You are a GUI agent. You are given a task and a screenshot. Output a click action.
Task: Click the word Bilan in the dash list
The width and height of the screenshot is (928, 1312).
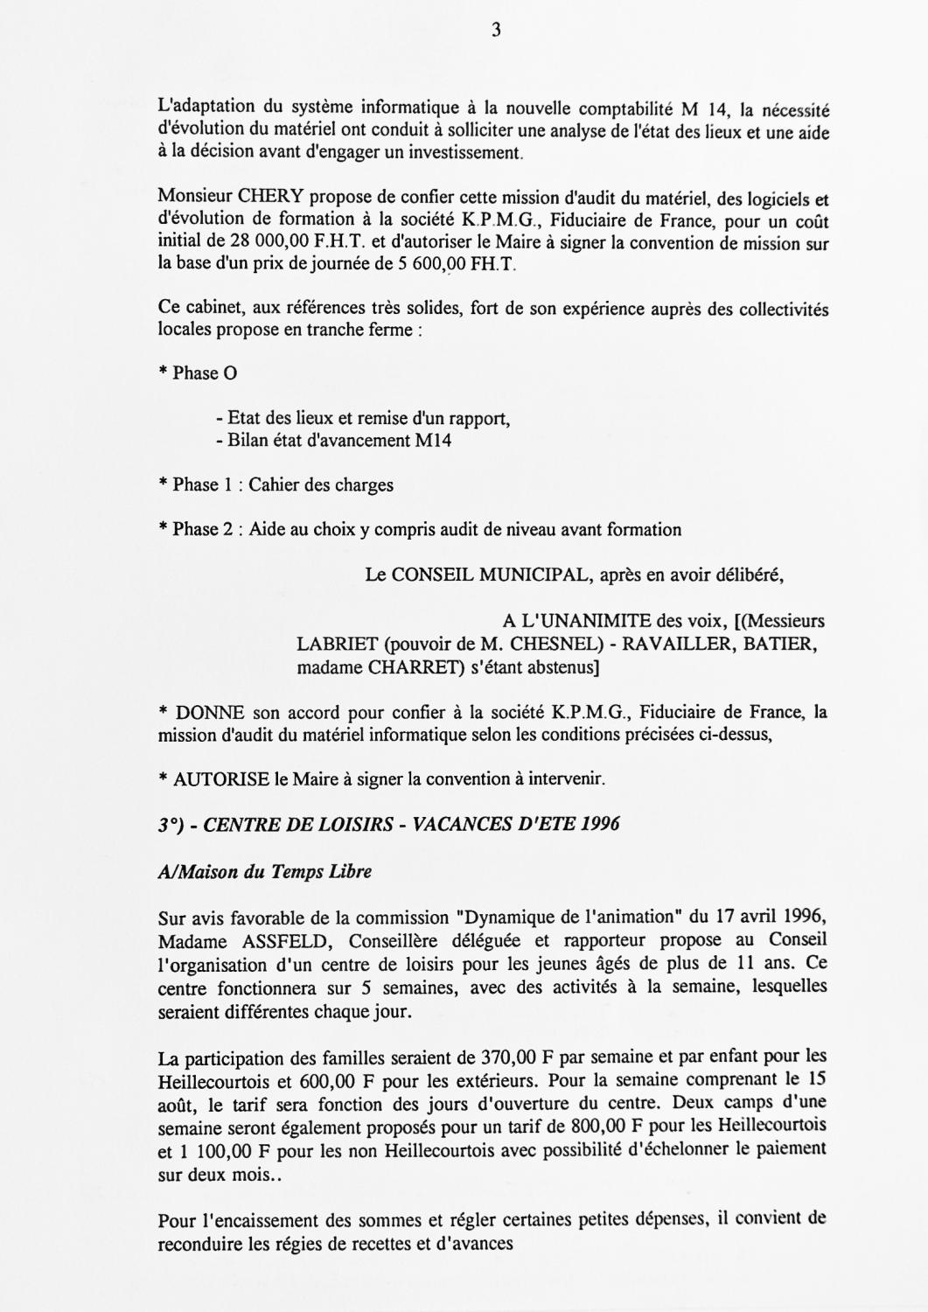pos(247,441)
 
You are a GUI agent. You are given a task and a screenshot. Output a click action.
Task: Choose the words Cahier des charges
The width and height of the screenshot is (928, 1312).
pos(321,485)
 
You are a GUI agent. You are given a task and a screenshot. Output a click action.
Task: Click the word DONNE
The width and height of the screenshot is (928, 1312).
pos(210,713)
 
